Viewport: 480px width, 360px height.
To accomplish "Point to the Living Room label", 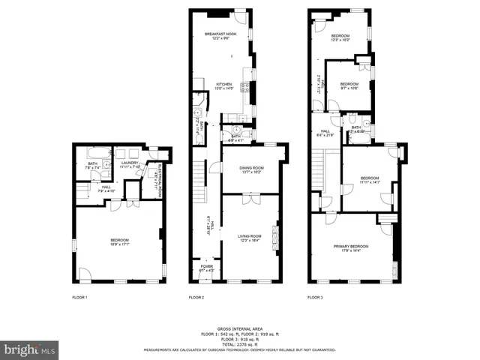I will [x=252, y=236].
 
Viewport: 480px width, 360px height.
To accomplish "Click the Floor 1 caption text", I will [x=80, y=298].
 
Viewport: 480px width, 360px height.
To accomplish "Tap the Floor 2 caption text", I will [x=196, y=298].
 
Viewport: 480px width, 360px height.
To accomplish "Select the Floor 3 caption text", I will [x=315, y=298].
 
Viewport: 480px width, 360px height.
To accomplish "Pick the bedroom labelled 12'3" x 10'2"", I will [x=341, y=37].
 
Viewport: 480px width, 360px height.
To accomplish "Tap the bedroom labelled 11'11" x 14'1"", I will [x=369, y=180].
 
